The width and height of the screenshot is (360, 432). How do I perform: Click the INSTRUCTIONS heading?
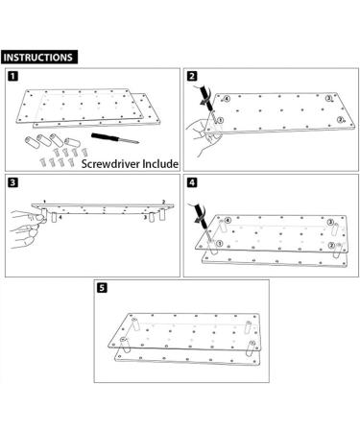pos(37,57)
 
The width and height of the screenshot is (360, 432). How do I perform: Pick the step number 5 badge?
pos(103,285)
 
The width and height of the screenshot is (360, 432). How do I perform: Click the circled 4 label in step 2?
pos(226,98)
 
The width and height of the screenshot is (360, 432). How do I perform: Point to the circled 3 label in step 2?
pos(329,99)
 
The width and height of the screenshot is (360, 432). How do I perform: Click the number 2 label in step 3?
pos(164,204)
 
